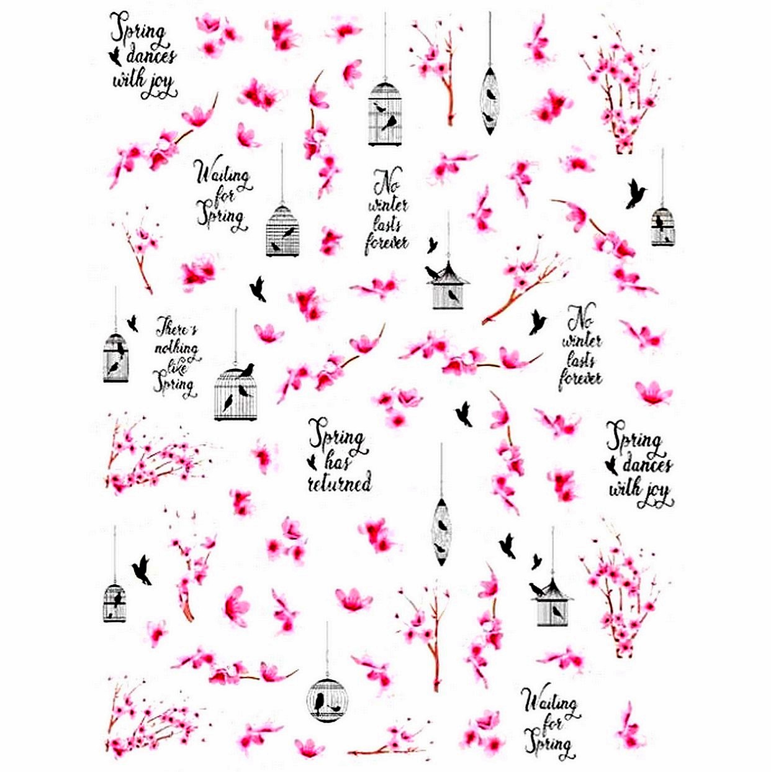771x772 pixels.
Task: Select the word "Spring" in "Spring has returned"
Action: tap(337, 437)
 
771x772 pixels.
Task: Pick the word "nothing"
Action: tap(177, 348)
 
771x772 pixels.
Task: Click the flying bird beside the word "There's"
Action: tap(133, 323)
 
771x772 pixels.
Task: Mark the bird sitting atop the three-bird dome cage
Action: tap(247, 370)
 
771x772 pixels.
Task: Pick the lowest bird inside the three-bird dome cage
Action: tap(227, 402)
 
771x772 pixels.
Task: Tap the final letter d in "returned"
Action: tap(366, 482)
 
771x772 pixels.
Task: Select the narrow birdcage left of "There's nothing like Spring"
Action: tap(115, 357)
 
